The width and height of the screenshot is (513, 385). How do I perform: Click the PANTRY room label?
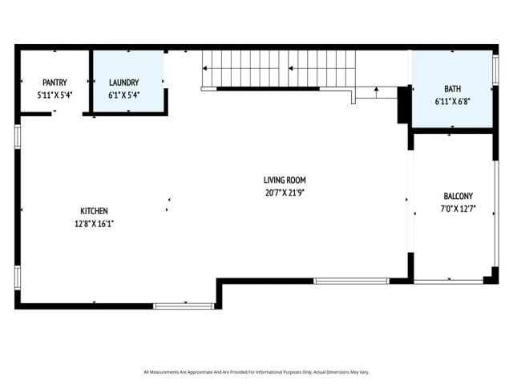55,82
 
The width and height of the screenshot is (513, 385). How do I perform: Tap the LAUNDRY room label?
124,82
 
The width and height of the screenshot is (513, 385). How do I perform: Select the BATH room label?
453,87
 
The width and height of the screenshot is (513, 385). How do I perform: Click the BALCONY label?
458,196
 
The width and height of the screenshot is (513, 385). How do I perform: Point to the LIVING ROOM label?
285,180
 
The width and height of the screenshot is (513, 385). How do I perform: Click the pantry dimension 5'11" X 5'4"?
55,95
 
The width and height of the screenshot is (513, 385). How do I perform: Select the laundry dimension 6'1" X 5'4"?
124,95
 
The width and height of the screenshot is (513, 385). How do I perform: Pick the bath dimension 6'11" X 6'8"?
453,101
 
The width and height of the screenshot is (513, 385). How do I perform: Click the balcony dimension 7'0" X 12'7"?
458,209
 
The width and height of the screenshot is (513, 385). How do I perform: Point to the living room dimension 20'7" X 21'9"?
285,192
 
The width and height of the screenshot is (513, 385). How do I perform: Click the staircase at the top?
277,68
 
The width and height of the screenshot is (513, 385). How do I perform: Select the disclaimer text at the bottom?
256,372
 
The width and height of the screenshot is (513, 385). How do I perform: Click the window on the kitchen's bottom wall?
184,306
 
